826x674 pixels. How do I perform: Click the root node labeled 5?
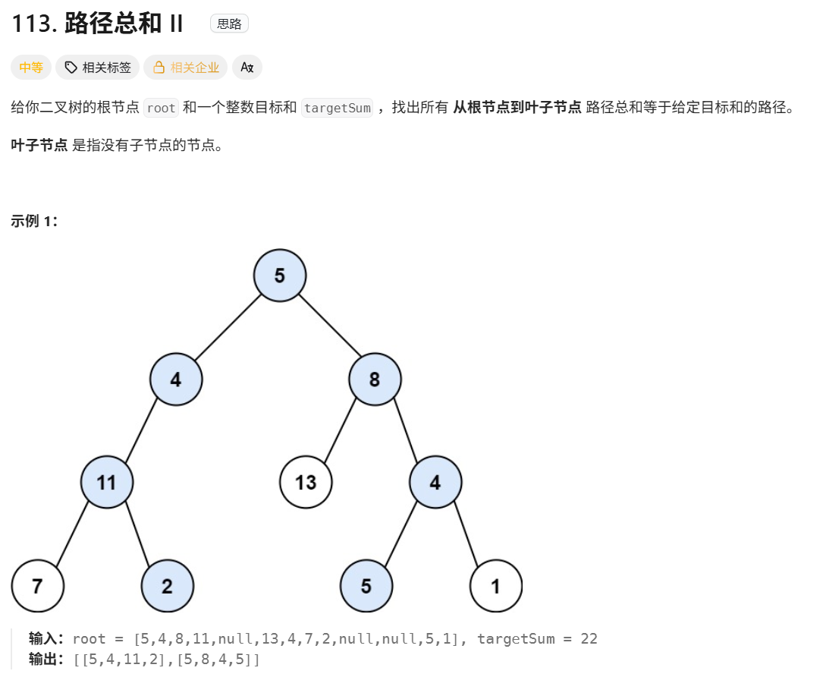pos(280,275)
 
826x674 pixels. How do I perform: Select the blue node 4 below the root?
pos(176,379)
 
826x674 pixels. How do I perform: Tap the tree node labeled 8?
pos(375,379)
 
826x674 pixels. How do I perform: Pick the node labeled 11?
pos(107,482)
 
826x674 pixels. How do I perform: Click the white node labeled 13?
pos(306,482)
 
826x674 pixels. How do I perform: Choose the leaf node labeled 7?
pos(38,586)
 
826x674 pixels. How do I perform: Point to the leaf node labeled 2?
pos(168,586)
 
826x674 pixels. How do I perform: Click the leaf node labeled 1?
pos(496,586)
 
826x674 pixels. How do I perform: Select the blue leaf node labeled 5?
pos(366,586)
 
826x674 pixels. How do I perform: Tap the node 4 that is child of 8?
pos(435,482)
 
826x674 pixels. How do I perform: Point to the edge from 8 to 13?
pos(341,430)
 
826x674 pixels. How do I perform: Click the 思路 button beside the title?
pos(229,24)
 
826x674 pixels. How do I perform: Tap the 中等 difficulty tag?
pos(31,68)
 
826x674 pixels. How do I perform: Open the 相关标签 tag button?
pos(98,68)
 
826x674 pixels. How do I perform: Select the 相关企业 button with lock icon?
pos(186,68)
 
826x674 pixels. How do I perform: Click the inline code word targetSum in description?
pos(337,108)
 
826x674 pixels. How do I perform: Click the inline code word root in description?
pos(161,108)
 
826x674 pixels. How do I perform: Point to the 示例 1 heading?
pos(34,221)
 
